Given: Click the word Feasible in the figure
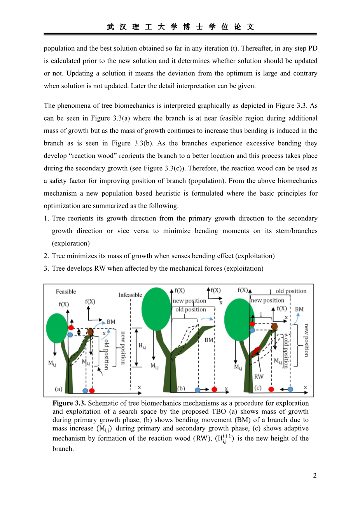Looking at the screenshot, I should pyautogui.click(x=66, y=292).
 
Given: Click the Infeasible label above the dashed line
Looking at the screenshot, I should pyautogui.click(x=130, y=295).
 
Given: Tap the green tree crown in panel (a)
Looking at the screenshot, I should pyautogui.click(x=57, y=328).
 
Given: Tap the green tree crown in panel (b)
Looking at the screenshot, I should pyautogui.click(x=156, y=309).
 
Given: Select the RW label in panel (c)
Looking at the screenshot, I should pyautogui.click(x=259, y=376).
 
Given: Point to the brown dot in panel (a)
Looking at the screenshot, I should pyautogui.click(x=90, y=332).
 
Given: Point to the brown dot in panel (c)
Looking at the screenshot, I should pyautogui.click(x=274, y=326).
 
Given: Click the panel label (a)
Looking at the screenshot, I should pyautogui.click(x=58, y=389).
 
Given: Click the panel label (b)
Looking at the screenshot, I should pyautogui.click(x=181, y=388).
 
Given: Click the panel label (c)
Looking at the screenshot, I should pyautogui.click(x=258, y=388).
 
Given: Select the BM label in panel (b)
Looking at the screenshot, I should pyautogui.click(x=209, y=340).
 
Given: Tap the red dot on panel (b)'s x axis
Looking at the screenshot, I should pyautogui.click(x=214, y=389).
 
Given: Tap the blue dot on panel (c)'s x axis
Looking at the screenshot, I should pyautogui.click(x=290, y=389).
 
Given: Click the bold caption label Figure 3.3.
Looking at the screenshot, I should pyautogui.click(x=69, y=403).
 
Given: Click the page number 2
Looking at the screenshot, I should pyautogui.click(x=315, y=476).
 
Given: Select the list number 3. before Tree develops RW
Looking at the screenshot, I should pyautogui.click(x=46, y=268).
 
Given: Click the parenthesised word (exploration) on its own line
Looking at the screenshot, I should pyautogui.click(x=71, y=243).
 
